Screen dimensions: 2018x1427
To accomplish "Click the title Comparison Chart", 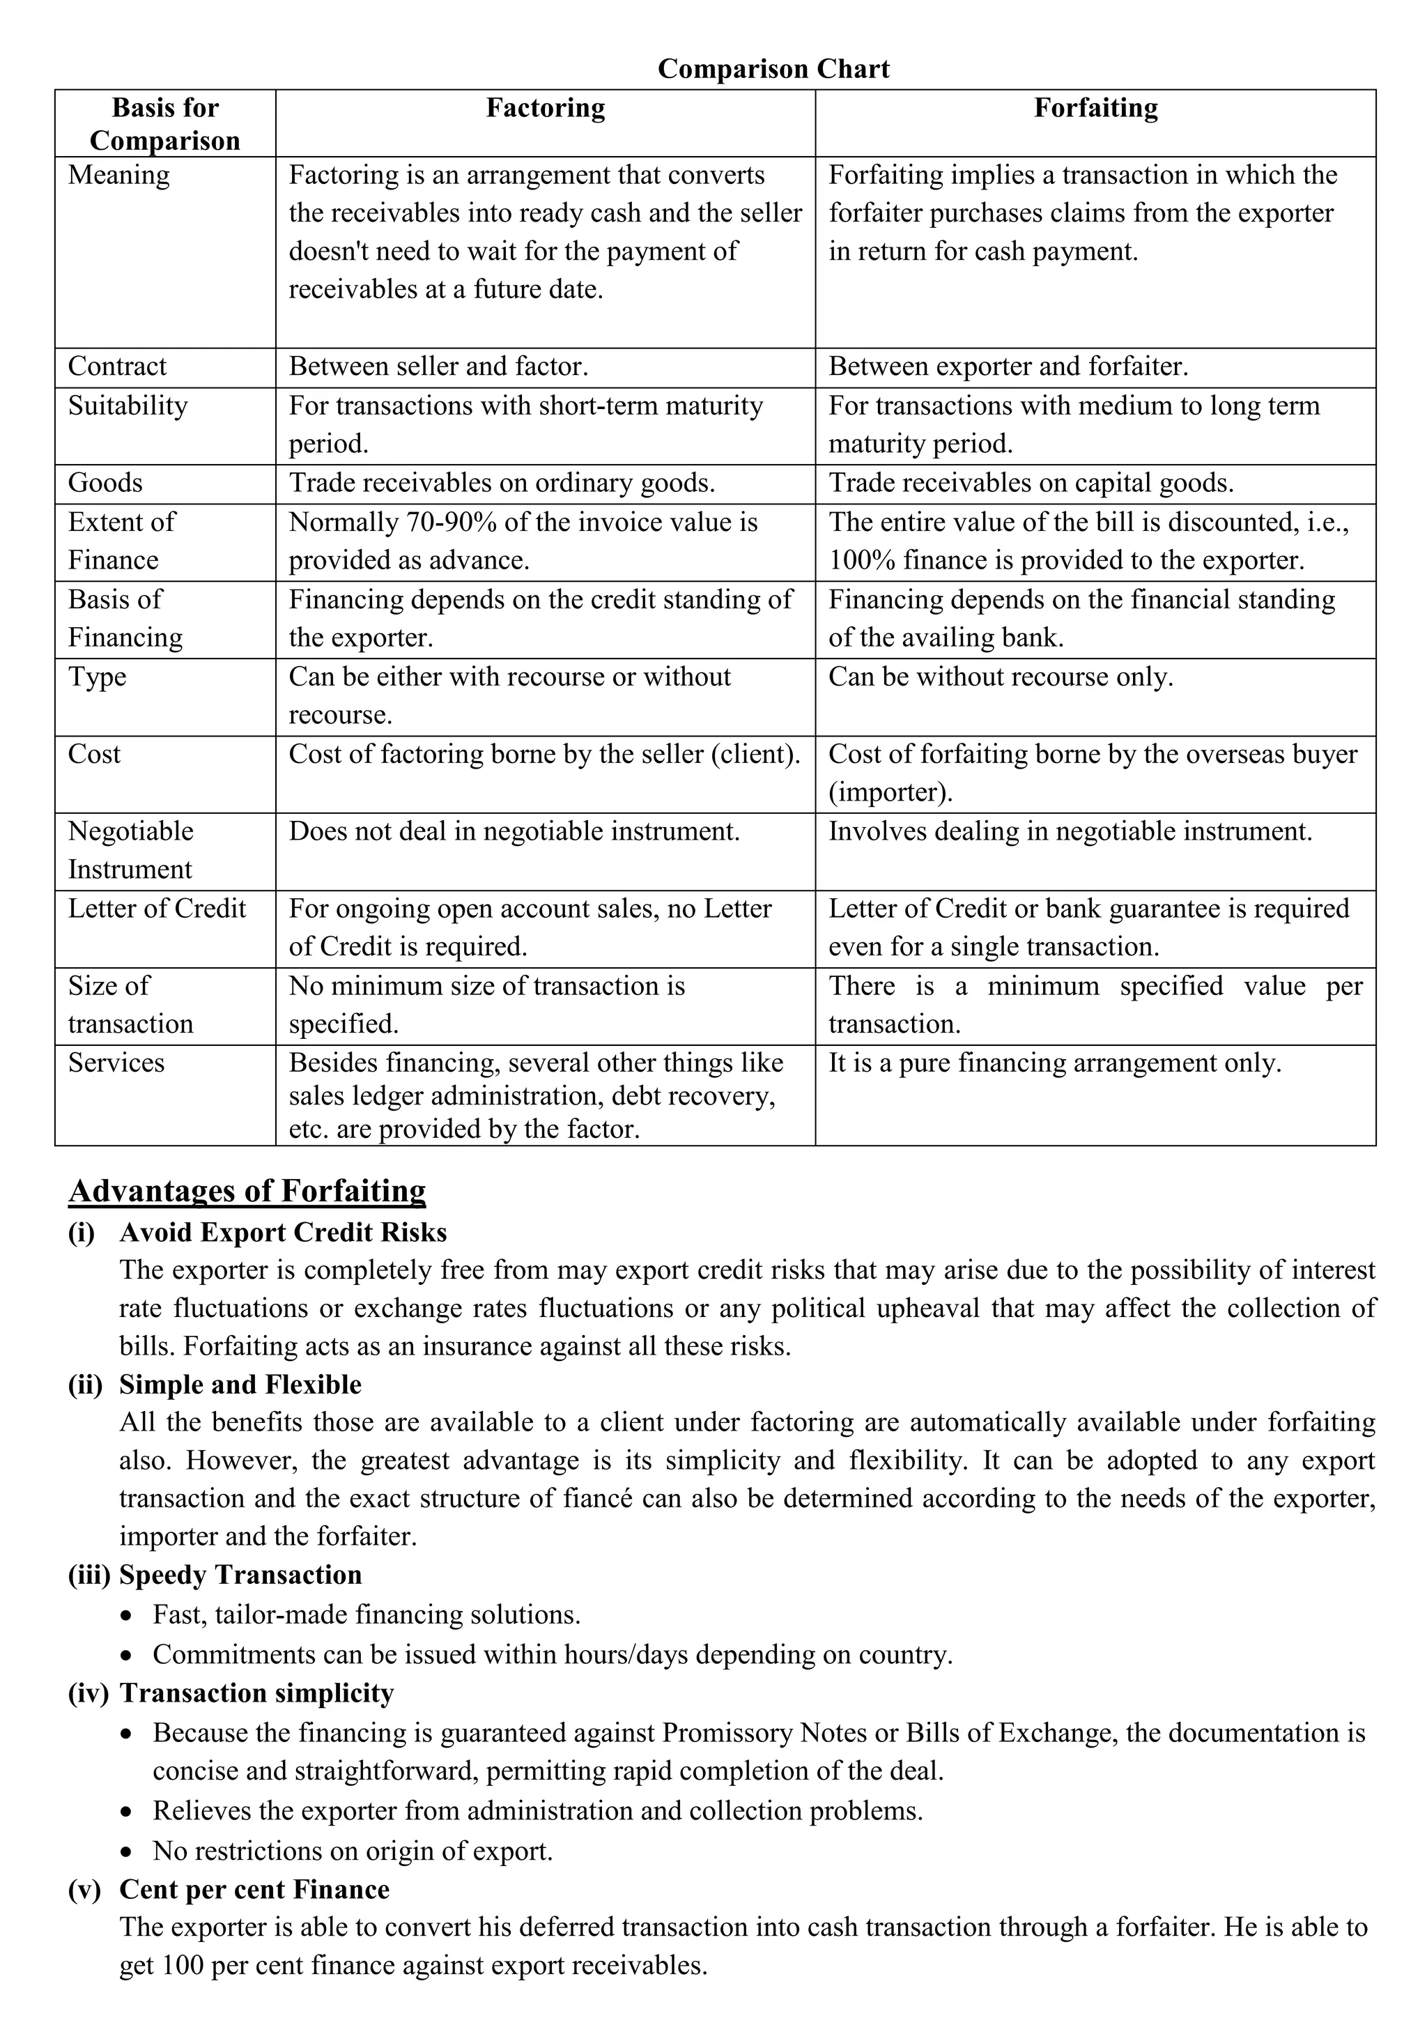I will tap(773, 68).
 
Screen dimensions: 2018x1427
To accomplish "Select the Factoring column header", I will tap(546, 108).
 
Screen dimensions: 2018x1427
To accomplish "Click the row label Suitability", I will tap(128, 406).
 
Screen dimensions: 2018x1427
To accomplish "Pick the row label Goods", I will tap(105, 482).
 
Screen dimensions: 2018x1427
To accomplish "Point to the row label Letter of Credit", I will tap(157, 909).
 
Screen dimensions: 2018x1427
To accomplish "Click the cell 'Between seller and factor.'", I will tap(438, 367).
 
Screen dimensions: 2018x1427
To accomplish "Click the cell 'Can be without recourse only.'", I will tap(1001, 677).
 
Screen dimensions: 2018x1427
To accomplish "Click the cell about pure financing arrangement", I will tap(1054, 1063).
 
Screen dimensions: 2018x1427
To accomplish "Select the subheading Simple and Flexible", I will tap(240, 1385).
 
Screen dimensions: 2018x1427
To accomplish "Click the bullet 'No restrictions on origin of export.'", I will tap(353, 1851).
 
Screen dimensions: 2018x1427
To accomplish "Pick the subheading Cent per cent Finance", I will tap(254, 1890).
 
